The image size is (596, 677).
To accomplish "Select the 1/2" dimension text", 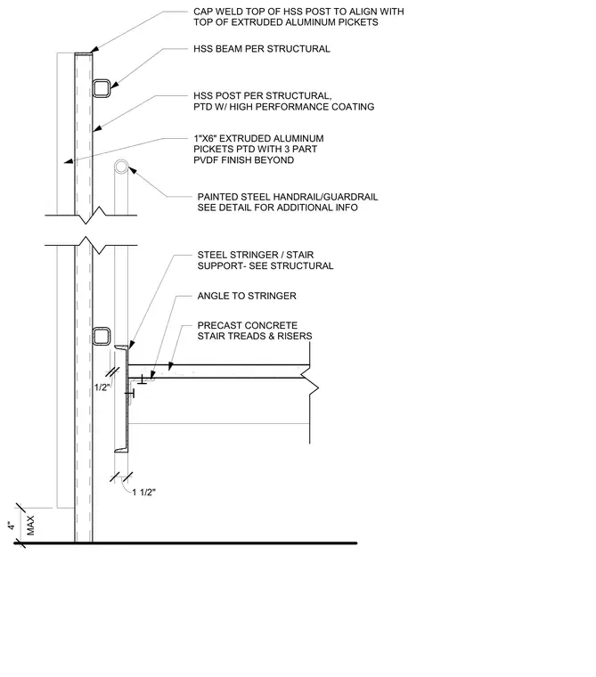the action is coord(102,387).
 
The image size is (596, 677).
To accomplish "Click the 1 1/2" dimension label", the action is coord(143,493).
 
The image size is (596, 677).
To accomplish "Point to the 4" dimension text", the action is coord(11,526).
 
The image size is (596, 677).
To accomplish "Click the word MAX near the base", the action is coord(30,526).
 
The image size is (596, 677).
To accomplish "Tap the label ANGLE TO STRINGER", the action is coord(247,296).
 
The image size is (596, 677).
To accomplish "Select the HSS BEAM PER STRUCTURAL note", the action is coord(262,49).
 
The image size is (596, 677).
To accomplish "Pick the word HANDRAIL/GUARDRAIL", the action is coord(325,197).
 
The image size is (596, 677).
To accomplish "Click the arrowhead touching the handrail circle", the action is coord(133,171).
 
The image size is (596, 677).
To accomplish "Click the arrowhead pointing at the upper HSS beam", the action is coord(114,86).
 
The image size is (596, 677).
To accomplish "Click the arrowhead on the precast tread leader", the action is coord(171,366).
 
